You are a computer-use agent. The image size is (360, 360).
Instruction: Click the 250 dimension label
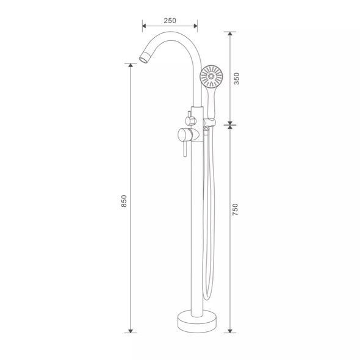coord(170,21)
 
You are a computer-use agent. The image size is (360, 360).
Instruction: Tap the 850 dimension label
coord(124,201)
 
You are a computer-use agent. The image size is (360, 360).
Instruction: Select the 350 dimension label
coord(237,79)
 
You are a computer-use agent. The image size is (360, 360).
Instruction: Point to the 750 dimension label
coord(236,209)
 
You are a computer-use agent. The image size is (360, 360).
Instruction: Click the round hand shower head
coord(211,76)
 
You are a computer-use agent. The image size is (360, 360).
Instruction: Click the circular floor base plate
coord(197,321)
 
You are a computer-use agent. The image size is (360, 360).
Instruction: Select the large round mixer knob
coord(184,135)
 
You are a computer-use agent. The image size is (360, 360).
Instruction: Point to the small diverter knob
coord(190,121)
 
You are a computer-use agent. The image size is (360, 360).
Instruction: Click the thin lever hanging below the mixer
coord(185,149)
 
